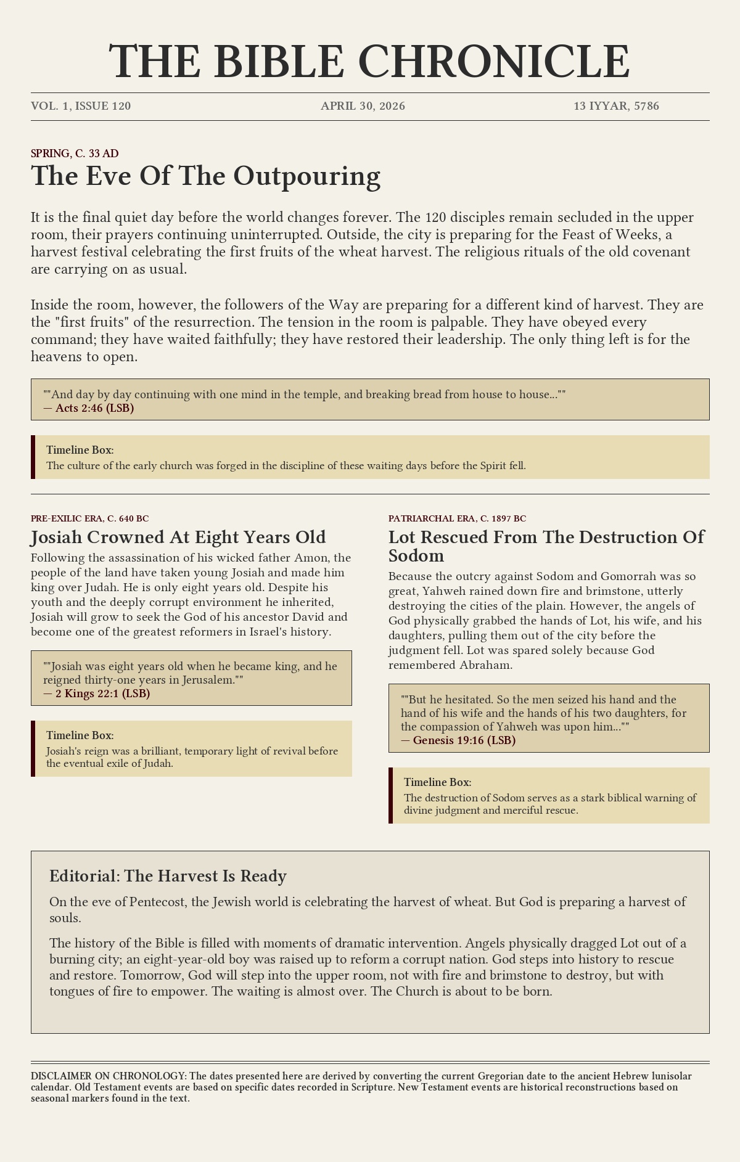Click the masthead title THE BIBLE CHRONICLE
(x=370, y=62)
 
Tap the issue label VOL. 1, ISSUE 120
(x=81, y=106)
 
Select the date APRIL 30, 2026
(x=363, y=106)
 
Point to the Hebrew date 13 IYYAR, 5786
(x=616, y=106)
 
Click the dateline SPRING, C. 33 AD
(x=75, y=153)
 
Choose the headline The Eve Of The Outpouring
(x=205, y=176)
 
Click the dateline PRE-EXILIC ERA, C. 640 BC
(x=89, y=519)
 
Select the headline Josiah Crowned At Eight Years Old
(x=178, y=537)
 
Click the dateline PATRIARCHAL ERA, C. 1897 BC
(x=457, y=519)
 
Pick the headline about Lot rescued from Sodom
(x=546, y=546)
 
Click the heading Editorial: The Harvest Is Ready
(x=168, y=876)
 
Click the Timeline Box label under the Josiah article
(x=80, y=735)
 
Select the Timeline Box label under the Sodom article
(x=437, y=782)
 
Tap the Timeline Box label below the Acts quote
(x=80, y=450)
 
